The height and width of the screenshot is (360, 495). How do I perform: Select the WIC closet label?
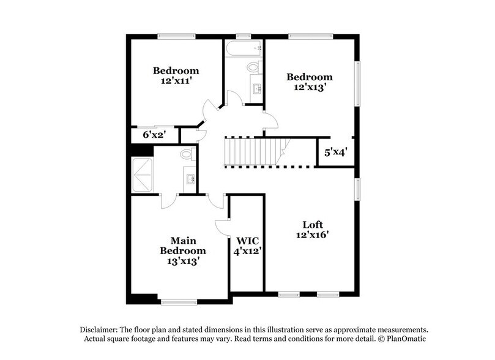[x=247, y=240]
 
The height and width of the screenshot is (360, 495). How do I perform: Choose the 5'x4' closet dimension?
[x=335, y=153]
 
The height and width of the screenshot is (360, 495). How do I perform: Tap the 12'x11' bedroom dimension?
[x=176, y=81]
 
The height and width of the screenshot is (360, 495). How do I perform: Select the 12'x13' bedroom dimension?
[x=310, y=87]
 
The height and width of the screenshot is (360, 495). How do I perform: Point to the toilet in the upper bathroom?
[x=254, y=67]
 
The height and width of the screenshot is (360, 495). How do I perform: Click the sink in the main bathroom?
[x=189, y=179]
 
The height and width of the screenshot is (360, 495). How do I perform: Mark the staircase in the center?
[x=254, y=151]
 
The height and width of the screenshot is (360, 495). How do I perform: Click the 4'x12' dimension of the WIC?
[x=247, y=250]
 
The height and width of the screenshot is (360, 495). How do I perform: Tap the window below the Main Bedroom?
[x=178, y=301]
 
